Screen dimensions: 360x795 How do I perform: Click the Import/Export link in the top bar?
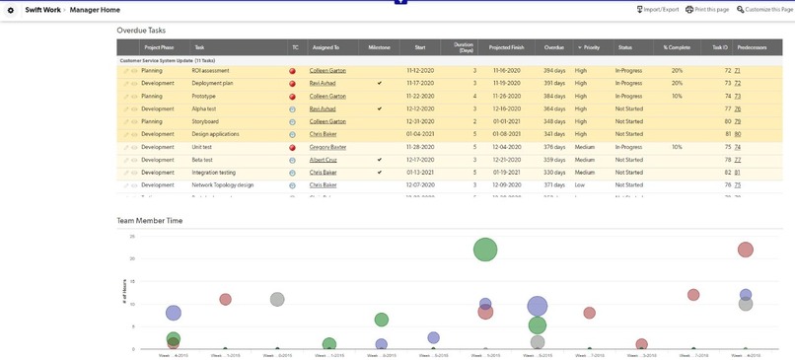coord(661,9)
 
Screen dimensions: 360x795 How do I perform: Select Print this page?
coord(707,9)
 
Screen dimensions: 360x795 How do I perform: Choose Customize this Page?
coord(764,9)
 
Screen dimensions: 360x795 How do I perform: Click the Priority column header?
coord(590,47)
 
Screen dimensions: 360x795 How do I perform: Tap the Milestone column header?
coord(379,47)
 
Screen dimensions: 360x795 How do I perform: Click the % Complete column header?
coord(677,47)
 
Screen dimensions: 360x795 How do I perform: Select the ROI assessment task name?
coord(210,71)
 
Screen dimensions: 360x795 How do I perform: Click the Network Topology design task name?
coord(222,185)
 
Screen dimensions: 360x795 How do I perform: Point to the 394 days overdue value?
coord(554,71)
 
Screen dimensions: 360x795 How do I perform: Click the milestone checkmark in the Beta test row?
coord(379,160)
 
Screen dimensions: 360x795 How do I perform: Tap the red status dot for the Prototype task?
coord(292,97)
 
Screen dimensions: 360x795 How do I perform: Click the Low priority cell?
coord(580,185)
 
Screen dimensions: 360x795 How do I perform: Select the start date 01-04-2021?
coord(419,134)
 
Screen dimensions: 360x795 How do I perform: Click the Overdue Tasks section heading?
coord(141,31)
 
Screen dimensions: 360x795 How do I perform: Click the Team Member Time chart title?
coord(149,221)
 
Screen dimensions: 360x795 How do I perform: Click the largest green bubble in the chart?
coord(484,250)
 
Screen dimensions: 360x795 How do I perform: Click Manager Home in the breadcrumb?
coord(96,9)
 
